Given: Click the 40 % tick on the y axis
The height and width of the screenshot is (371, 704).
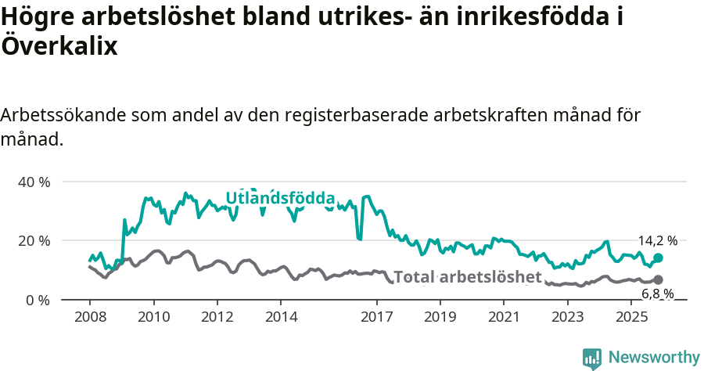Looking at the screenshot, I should [34, 182].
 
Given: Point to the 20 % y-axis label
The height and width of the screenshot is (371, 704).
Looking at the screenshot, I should [34, 240].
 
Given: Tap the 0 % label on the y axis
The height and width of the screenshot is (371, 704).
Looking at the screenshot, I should [37, 300].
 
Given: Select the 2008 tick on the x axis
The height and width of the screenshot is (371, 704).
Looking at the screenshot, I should [89, 317].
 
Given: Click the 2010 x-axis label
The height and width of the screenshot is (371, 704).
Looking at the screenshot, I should [153, 317].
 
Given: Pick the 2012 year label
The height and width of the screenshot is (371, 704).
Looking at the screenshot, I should [217, 317].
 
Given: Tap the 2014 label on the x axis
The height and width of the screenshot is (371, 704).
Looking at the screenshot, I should [281, 317].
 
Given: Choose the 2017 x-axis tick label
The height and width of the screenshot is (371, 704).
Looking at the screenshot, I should [376, 317].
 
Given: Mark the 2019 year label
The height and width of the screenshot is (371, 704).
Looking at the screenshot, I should [440, 317].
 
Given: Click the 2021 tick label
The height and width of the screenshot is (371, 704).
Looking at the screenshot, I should [503, 317].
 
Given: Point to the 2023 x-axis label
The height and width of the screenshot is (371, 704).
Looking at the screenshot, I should [567, 317].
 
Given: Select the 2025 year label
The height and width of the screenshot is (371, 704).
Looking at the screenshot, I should [630, 317].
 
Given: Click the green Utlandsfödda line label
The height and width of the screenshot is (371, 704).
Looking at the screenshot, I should [280, 199].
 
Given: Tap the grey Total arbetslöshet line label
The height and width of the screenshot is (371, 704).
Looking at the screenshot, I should [467, 277].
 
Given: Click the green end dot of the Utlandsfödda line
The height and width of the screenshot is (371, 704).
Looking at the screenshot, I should [658, 258].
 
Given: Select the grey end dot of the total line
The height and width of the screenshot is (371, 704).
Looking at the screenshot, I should [658, 279].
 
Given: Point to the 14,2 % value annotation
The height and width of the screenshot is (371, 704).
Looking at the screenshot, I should [657, 241].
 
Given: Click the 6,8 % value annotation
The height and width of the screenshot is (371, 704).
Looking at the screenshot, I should [657, 294].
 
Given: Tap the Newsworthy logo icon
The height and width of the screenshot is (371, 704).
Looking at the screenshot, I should [592, 358].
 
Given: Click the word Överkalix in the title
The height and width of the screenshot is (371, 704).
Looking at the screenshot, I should [59, 46].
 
